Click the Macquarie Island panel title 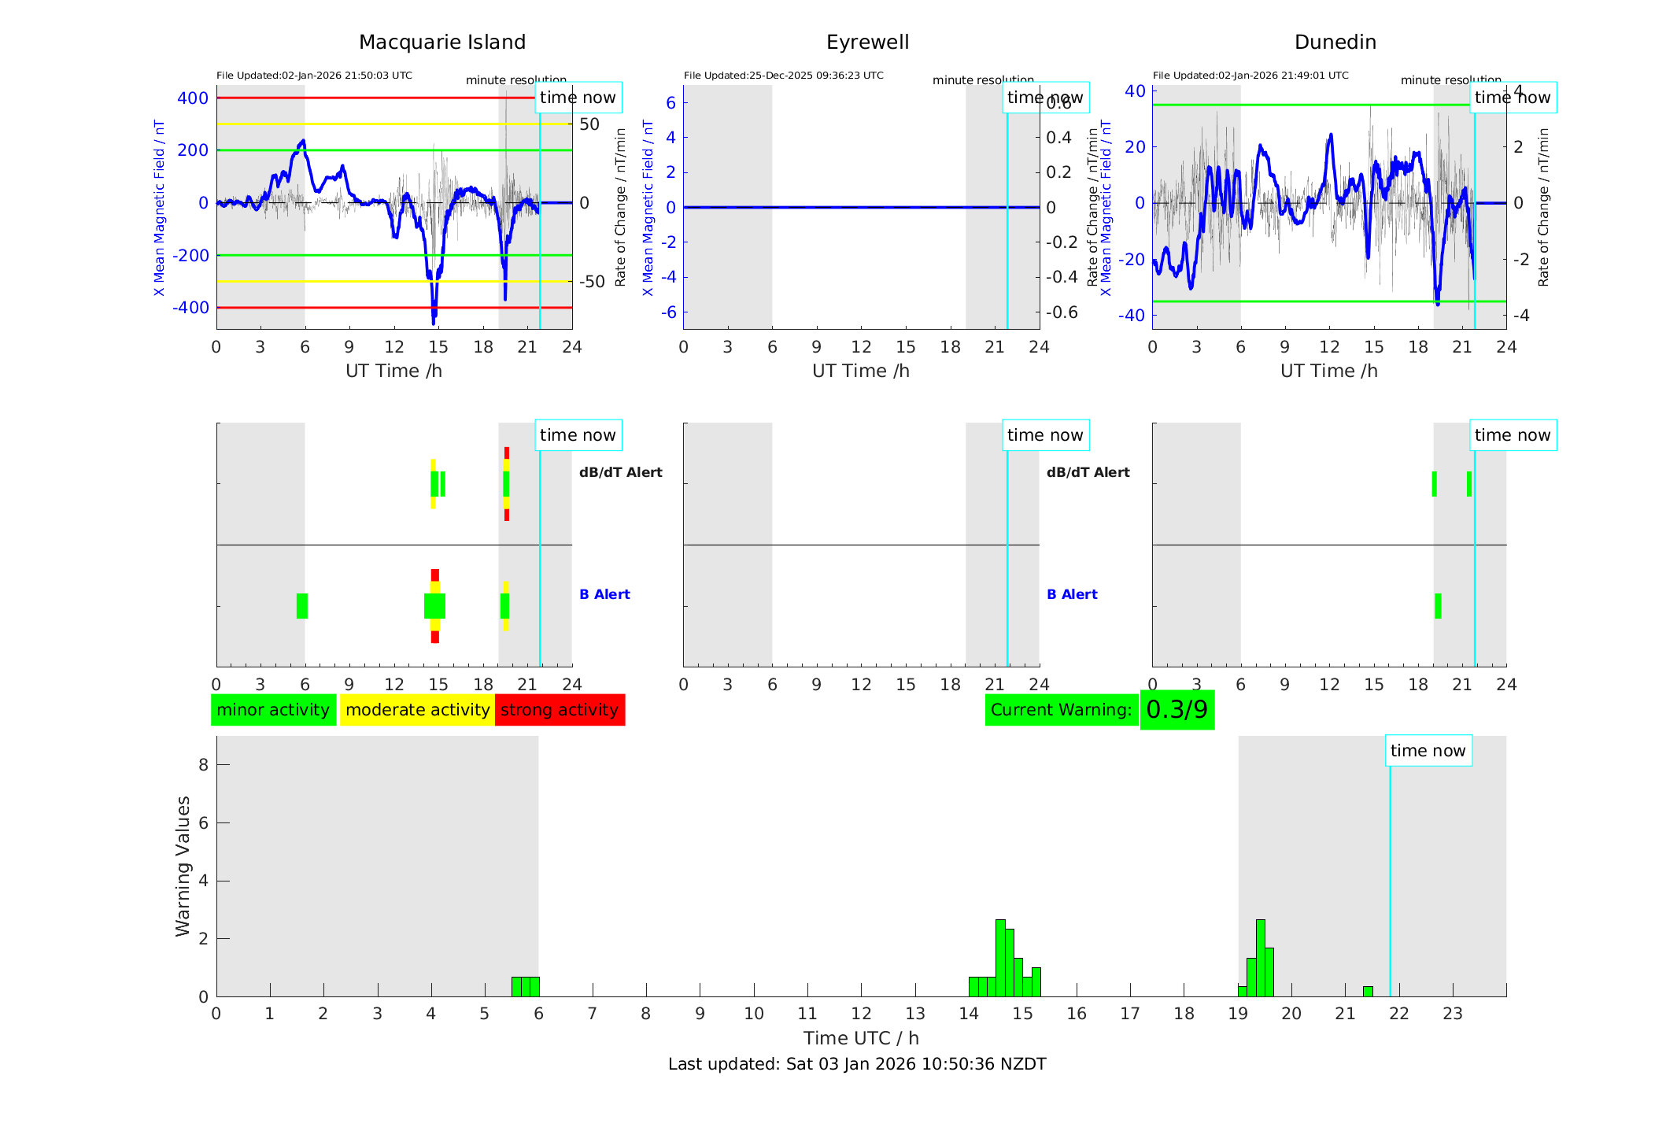(441, 43)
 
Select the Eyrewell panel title (867, 43)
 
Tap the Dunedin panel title (1335, 43)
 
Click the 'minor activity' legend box (273, 710)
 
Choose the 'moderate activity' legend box (417, 710)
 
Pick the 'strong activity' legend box (560, 710)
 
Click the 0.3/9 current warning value (1177, 710)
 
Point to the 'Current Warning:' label (1061, 710)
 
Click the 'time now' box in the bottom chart (1428, 751)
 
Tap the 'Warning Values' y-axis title (183, 866)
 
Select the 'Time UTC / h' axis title (861, 1038)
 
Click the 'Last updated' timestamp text (857, 1064)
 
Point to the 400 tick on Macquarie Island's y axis (193, 98)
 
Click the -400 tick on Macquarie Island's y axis (190, 308)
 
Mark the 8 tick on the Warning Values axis (204, 765)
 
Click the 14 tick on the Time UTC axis (969, 1014)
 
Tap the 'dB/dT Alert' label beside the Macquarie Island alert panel (620, 472)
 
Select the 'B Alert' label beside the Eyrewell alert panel (1072, 594)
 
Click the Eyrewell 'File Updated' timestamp (783, 76)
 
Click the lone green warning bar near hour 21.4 (1368, 992)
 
